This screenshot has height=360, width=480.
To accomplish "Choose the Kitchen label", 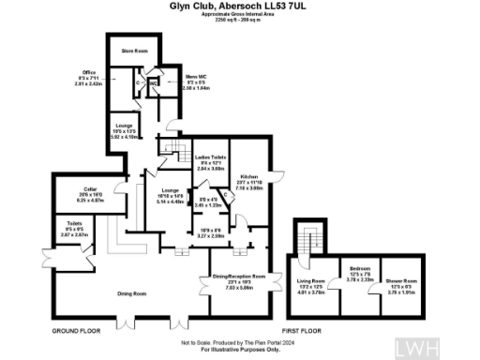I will point(247,175).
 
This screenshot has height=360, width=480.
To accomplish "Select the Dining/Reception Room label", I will point(241,277).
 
